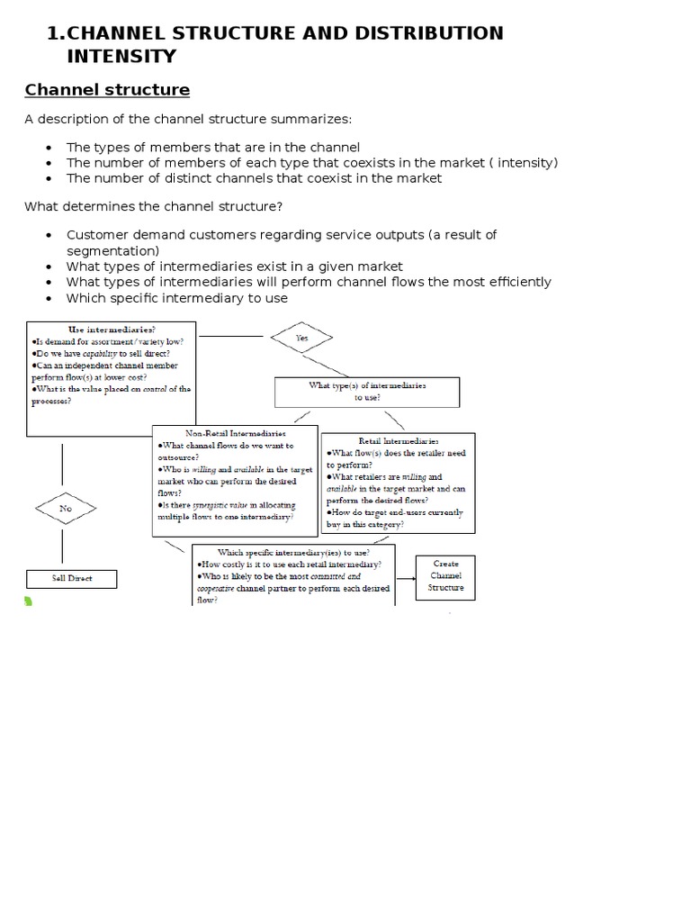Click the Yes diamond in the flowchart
point(301,339)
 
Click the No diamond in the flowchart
point(66,509)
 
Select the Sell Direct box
point(72,578)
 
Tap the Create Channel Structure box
point(445,576)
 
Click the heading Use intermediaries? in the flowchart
point(112,330)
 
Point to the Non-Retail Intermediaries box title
point(234,433)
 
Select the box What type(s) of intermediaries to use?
point(367,391)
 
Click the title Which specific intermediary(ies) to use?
point(292,551)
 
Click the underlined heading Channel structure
point(107,90)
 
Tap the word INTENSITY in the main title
point(121,57)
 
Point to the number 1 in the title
point(52,34)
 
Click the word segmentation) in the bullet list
point(113,250)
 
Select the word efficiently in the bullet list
point(516,282)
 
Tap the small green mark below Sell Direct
point(28,601)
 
